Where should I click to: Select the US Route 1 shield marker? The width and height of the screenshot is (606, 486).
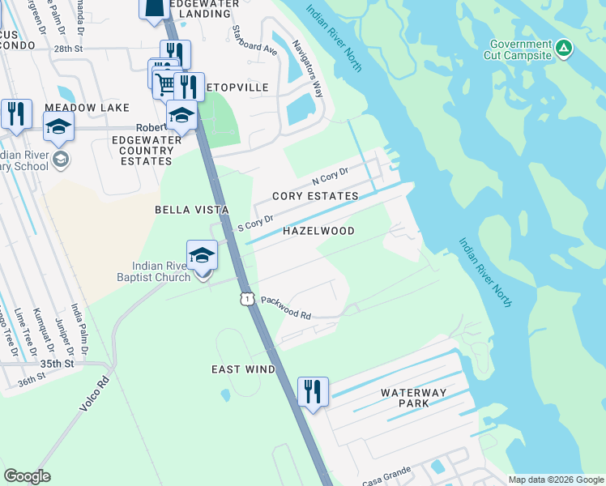(246, 299)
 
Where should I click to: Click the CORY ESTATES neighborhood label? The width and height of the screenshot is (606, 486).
(315, 197)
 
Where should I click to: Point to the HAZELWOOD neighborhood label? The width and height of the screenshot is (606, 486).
(318, 231)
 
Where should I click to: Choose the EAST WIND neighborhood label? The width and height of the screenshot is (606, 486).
(243, 369)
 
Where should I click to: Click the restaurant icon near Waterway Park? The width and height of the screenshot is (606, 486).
(312, 392)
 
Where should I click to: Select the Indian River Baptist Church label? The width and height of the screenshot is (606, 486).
(162, 271)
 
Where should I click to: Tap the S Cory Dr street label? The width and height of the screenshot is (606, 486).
(257, 223)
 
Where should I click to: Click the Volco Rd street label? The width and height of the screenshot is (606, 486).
(95, 393)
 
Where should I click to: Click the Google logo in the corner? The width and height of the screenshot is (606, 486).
(27, 476)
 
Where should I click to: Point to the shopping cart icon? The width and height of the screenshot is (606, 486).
(164, 82)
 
